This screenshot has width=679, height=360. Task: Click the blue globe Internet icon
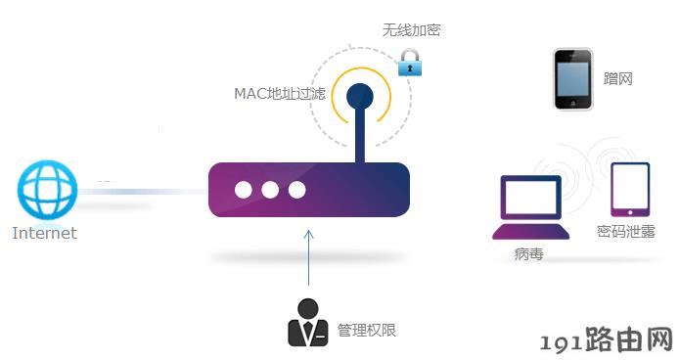(47, 190)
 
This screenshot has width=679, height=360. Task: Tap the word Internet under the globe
(45, 233)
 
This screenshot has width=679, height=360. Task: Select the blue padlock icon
(410, 63)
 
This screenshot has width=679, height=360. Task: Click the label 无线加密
(411, 30)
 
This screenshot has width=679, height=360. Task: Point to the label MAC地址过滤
(280, 94)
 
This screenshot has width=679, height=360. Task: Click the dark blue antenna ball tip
(360, 97)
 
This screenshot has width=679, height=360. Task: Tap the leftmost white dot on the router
(244, 190)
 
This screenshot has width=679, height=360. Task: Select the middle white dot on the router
(270, 190)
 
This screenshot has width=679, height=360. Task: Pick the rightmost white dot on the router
(297, 190)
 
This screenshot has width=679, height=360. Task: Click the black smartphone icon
(573, 79)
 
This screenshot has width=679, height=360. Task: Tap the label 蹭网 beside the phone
(618, 79)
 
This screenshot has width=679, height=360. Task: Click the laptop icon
(531, 207)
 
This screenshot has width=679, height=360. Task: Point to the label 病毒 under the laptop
(528, 254)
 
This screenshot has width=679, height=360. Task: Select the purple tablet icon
(630, 190)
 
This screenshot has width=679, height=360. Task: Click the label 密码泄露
(626, 232)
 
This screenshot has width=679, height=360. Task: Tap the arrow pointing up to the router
(309, 257)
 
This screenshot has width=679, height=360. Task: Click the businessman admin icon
(308, 322)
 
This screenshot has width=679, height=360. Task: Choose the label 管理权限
(367, 331)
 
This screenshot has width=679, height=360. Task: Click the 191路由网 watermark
(608, 339)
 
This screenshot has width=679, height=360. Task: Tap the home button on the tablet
(630, 212)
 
